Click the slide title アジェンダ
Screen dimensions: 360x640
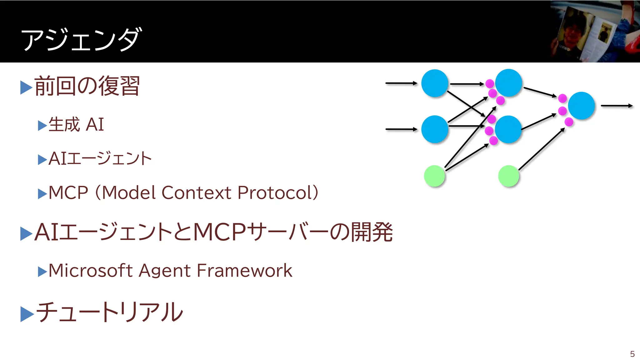(81, 39)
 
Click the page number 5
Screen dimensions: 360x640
(632, 354)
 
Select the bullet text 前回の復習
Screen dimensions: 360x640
(87, 86)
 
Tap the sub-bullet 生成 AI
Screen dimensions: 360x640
(76, 124)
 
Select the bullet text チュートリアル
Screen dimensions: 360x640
(109, 312)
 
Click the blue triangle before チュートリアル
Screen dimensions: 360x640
(27, 314)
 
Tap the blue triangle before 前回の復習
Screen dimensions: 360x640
(26, 87)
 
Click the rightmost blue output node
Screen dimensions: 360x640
(581, 106)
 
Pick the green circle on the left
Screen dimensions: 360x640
(434, 176)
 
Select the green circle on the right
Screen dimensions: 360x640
(508, 176)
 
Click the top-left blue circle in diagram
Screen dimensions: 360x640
(435, 83)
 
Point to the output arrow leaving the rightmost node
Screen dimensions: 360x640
(616, 106)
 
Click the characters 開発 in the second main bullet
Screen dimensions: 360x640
(372, 232)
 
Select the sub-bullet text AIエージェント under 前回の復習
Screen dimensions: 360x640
(100, 158)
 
